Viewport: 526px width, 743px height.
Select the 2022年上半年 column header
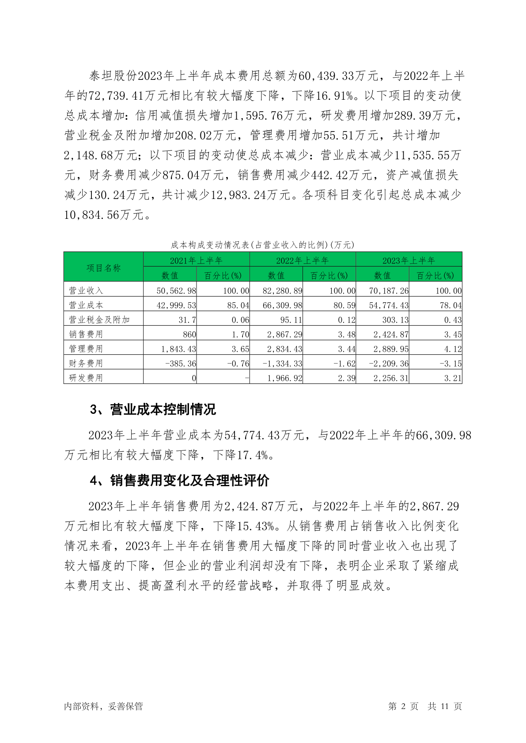(303, 260)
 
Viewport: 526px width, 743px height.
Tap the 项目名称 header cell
(103, 268)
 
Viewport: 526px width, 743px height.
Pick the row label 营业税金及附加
(99, 319)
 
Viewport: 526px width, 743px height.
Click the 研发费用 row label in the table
(86, 378)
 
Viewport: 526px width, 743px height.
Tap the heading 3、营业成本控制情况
(153, 410)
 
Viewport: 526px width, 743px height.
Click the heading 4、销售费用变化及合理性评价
(179, 480)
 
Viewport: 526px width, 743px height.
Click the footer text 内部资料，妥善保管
(103, 706)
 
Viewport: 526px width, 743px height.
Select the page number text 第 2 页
(403, 706)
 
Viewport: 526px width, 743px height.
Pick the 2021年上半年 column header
(196, 260)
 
